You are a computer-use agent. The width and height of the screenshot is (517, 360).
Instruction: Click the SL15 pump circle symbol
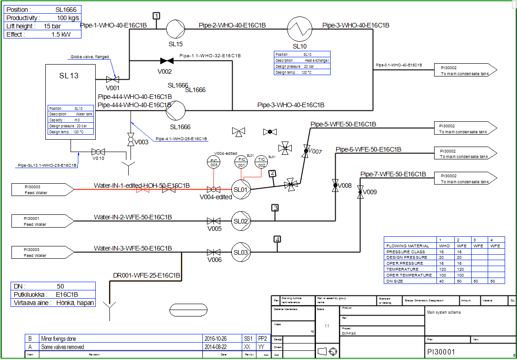pos(175,30)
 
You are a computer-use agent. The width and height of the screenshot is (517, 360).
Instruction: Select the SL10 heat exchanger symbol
pos(299,29)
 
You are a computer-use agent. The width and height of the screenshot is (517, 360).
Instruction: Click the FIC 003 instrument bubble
pos(214,162)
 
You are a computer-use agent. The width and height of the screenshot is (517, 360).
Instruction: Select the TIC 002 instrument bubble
pos(261,162)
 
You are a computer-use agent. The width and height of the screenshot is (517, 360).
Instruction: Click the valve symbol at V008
pos(335,186)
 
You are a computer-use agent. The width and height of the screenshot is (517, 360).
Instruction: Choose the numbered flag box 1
pos(157,16)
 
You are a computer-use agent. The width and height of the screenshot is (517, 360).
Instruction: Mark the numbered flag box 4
pos(277,239)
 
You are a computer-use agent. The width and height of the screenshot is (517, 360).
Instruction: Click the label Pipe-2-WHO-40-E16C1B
pos(232,25)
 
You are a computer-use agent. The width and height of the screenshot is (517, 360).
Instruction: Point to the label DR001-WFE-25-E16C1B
pos(147,276)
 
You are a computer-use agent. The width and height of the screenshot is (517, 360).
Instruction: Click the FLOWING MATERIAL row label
pos(408,246)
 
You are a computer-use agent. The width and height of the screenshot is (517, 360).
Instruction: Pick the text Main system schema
pos(444,312)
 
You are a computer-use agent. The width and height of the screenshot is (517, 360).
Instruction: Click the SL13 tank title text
pos(69,76)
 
